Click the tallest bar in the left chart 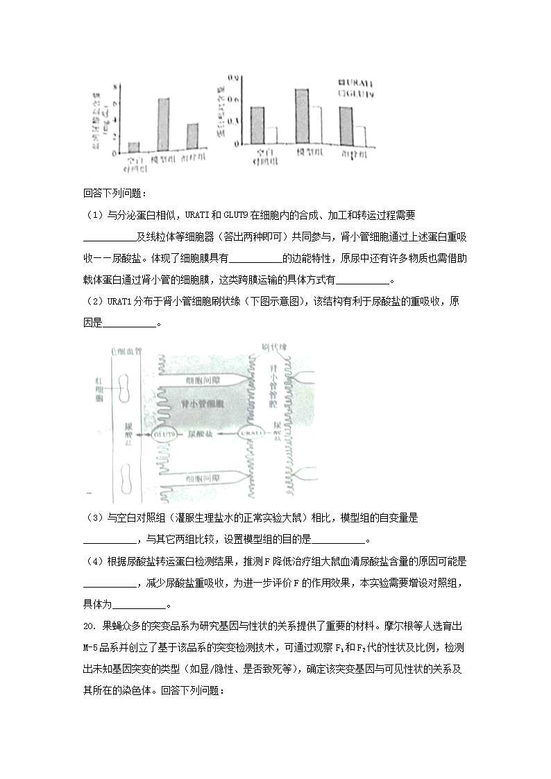click(164, 124)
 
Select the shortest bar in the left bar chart click(134, 146)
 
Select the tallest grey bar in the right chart click(302, 116)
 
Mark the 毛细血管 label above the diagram click(126, 350)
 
